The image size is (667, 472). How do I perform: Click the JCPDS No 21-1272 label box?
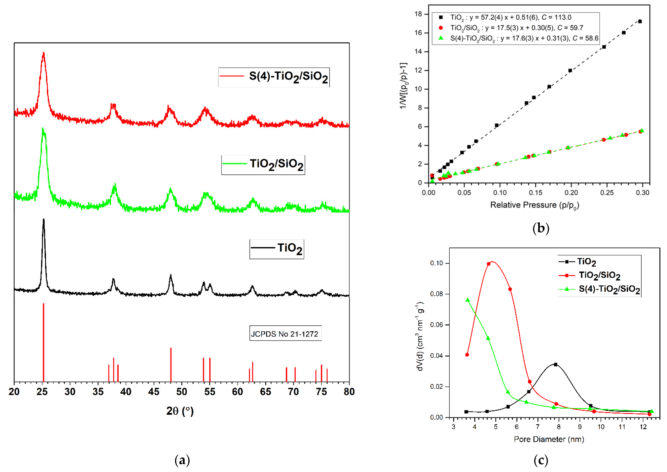285,334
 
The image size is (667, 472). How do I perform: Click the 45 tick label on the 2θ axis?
154,392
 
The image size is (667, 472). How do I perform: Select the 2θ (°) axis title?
180,411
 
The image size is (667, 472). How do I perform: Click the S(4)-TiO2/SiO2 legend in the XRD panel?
274,77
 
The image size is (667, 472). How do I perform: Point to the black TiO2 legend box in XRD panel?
277,249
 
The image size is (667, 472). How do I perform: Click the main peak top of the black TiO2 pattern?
44,220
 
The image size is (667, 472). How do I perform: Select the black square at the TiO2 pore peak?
556,365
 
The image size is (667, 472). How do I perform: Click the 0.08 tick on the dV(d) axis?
436,294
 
